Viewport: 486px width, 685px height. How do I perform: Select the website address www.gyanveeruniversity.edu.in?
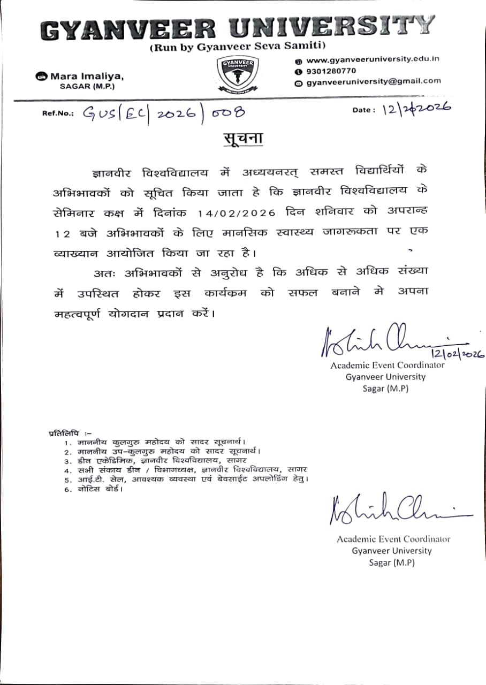[373, 59]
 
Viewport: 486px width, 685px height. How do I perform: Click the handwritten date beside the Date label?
[416, 109]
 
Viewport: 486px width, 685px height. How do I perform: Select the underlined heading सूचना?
[242, 138]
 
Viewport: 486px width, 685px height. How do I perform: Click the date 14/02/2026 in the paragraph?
[237, 213]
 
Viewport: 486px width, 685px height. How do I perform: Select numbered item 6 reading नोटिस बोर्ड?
[94, 489]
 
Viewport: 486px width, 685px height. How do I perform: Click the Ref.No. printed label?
[57, 113]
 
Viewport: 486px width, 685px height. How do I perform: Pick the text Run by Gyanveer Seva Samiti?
[237, 47]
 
